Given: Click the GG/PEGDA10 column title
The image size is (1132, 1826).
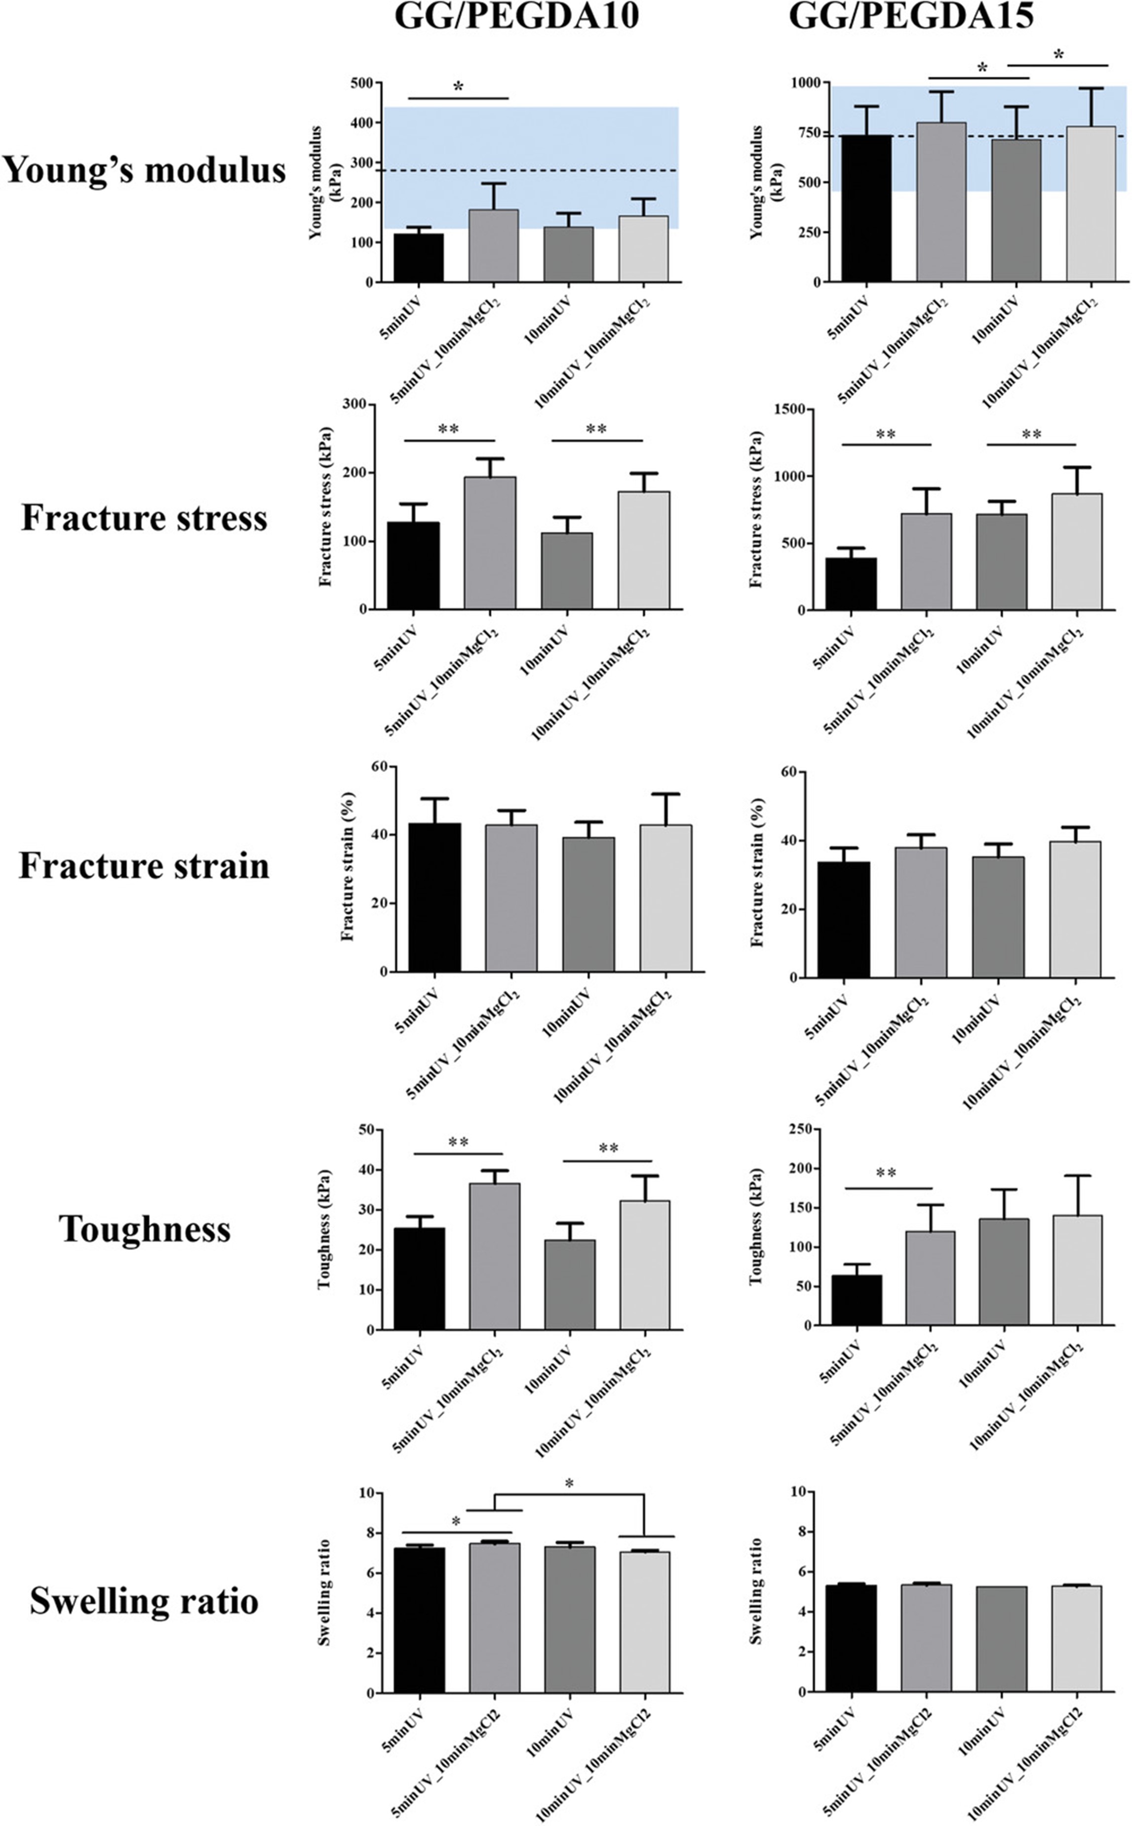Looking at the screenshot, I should click(516, 15).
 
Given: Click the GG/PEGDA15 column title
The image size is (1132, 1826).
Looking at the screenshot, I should click(911, 15).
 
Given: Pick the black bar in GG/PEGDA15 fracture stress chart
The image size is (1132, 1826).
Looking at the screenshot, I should click(851, 584).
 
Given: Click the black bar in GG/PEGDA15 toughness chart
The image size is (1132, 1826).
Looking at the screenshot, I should click(857, 1299).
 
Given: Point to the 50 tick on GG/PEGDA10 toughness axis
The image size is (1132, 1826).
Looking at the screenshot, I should click(366, 1130).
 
